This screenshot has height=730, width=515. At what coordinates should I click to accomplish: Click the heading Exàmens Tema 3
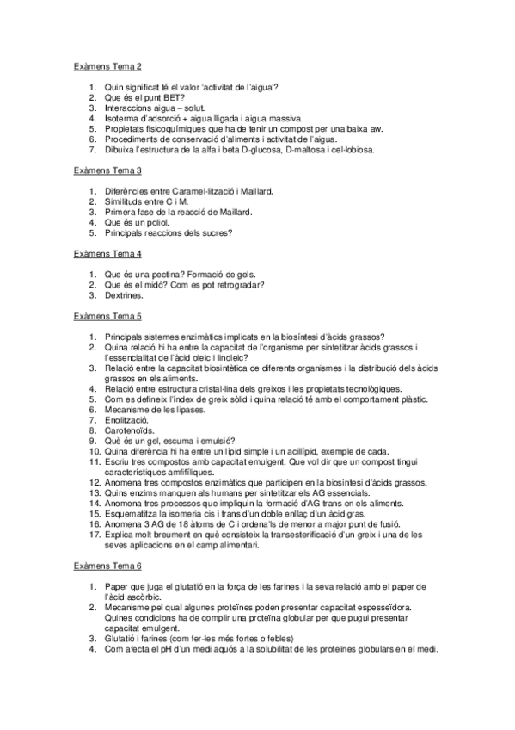pos(107,171)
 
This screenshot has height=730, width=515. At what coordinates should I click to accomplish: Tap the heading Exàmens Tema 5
pos(107,316)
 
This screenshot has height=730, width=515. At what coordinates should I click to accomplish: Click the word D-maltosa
pos(304,149)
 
